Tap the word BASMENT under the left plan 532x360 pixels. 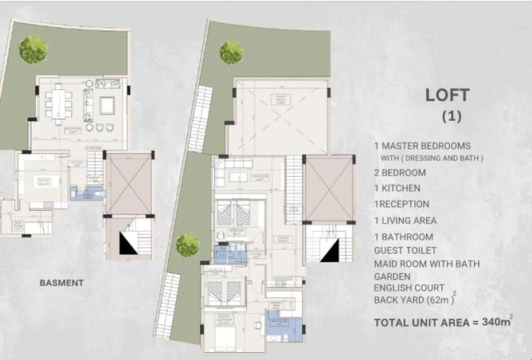[x=61, y=283]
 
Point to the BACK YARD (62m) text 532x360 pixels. [x=413, y=301]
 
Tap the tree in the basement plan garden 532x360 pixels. [x=33, y=49]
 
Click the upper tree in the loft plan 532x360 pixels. [x=231, y=53]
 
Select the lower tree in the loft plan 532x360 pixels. [x=188, y=245]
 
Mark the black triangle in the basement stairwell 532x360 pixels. [x=127, y=242]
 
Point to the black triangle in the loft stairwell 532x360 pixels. [x=328, y=248]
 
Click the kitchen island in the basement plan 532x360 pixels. [x=40, y=182]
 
